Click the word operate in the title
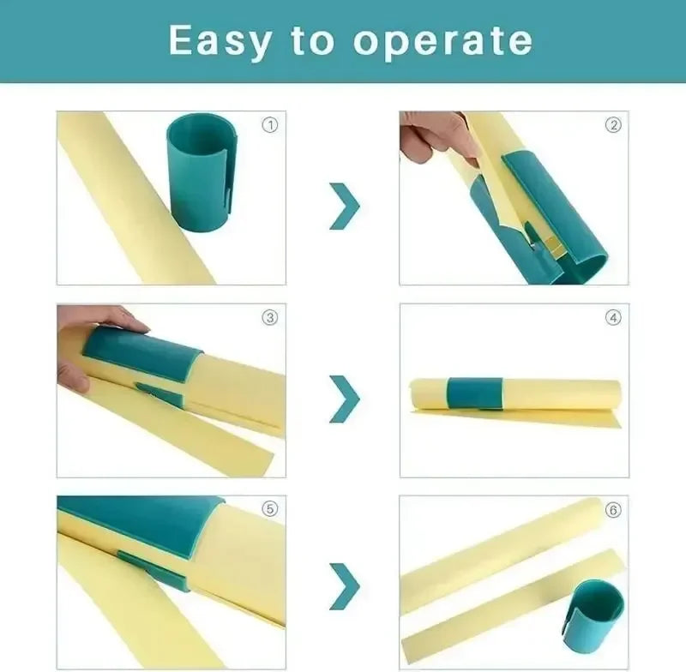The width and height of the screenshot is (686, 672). (x=442, y=40)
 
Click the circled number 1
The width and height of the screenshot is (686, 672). (x=270, y=125)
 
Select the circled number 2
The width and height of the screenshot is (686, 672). (x=613, y=125)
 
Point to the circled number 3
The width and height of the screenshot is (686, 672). (x=270, y=317)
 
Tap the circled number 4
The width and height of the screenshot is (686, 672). (x=613, y=317)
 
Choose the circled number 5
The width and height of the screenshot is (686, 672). (x=270, y=509)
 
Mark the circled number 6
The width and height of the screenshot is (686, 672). (x=613, y=509)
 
